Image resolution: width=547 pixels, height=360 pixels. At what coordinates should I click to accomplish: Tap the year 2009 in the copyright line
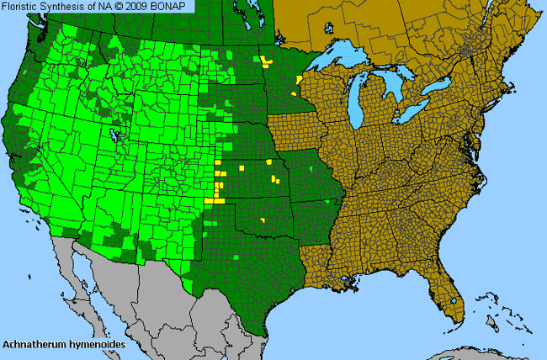pyautogui.click(x=127, y=6)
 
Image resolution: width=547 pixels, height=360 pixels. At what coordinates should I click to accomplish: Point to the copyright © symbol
pyautogui.click(x=109, y=6)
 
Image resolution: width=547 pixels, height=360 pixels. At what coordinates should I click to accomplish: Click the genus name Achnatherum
pyautogui.click(x=32, y=344)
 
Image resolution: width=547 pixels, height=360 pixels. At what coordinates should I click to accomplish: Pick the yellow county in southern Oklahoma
pyautogui.click(x=263, y=220)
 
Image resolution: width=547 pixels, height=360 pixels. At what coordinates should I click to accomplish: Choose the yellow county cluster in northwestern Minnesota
pyautogui.click(x=268, y=61)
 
